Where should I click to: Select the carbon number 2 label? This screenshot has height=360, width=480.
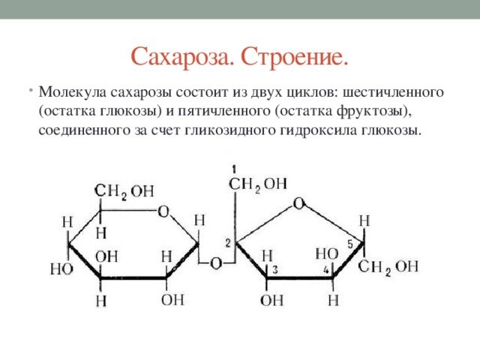[x=228, y=242]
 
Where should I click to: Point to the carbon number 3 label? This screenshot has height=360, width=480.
[x=275, y=269]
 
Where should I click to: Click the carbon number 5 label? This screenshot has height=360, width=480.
[x=350, y=244]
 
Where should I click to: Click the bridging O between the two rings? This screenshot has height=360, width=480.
[x=215, y=264]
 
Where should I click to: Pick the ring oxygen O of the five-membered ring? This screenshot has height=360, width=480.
[x=298, y=203]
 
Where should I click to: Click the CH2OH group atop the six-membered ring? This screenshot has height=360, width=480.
[x=124, y=192]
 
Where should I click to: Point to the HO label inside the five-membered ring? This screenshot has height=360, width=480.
[x=327, y=253]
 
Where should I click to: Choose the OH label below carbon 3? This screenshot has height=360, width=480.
[x=271, y=301]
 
